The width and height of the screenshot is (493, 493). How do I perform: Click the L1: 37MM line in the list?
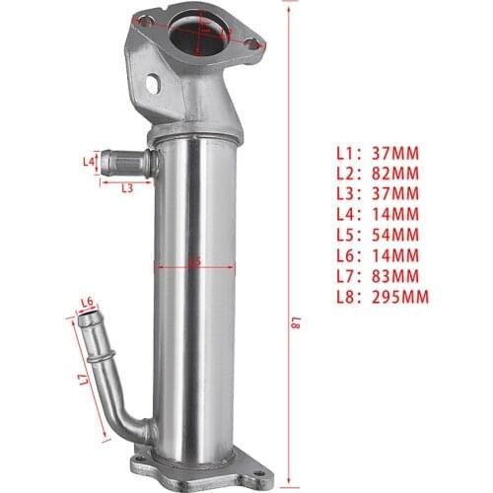coord(378,153)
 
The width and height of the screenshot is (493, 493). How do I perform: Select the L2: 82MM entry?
coord(378,173)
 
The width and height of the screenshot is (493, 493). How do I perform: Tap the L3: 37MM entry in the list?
coord(378,193)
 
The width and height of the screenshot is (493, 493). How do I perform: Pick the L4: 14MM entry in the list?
coord(378,214)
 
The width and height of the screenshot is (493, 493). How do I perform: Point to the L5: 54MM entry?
coord(378,235)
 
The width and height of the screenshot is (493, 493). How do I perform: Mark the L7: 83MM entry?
coord(378,275)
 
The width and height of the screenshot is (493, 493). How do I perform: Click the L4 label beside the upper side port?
coord(89,161)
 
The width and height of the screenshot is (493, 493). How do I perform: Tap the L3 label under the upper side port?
coord(127,188)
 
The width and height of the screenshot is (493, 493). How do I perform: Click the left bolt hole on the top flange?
coord(144,21)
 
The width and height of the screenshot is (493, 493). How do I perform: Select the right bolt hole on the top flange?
coord(252,44)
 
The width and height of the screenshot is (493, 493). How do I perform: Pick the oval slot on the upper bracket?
coord(154,85)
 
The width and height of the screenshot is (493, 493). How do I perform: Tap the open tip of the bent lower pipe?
coord(89,319)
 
